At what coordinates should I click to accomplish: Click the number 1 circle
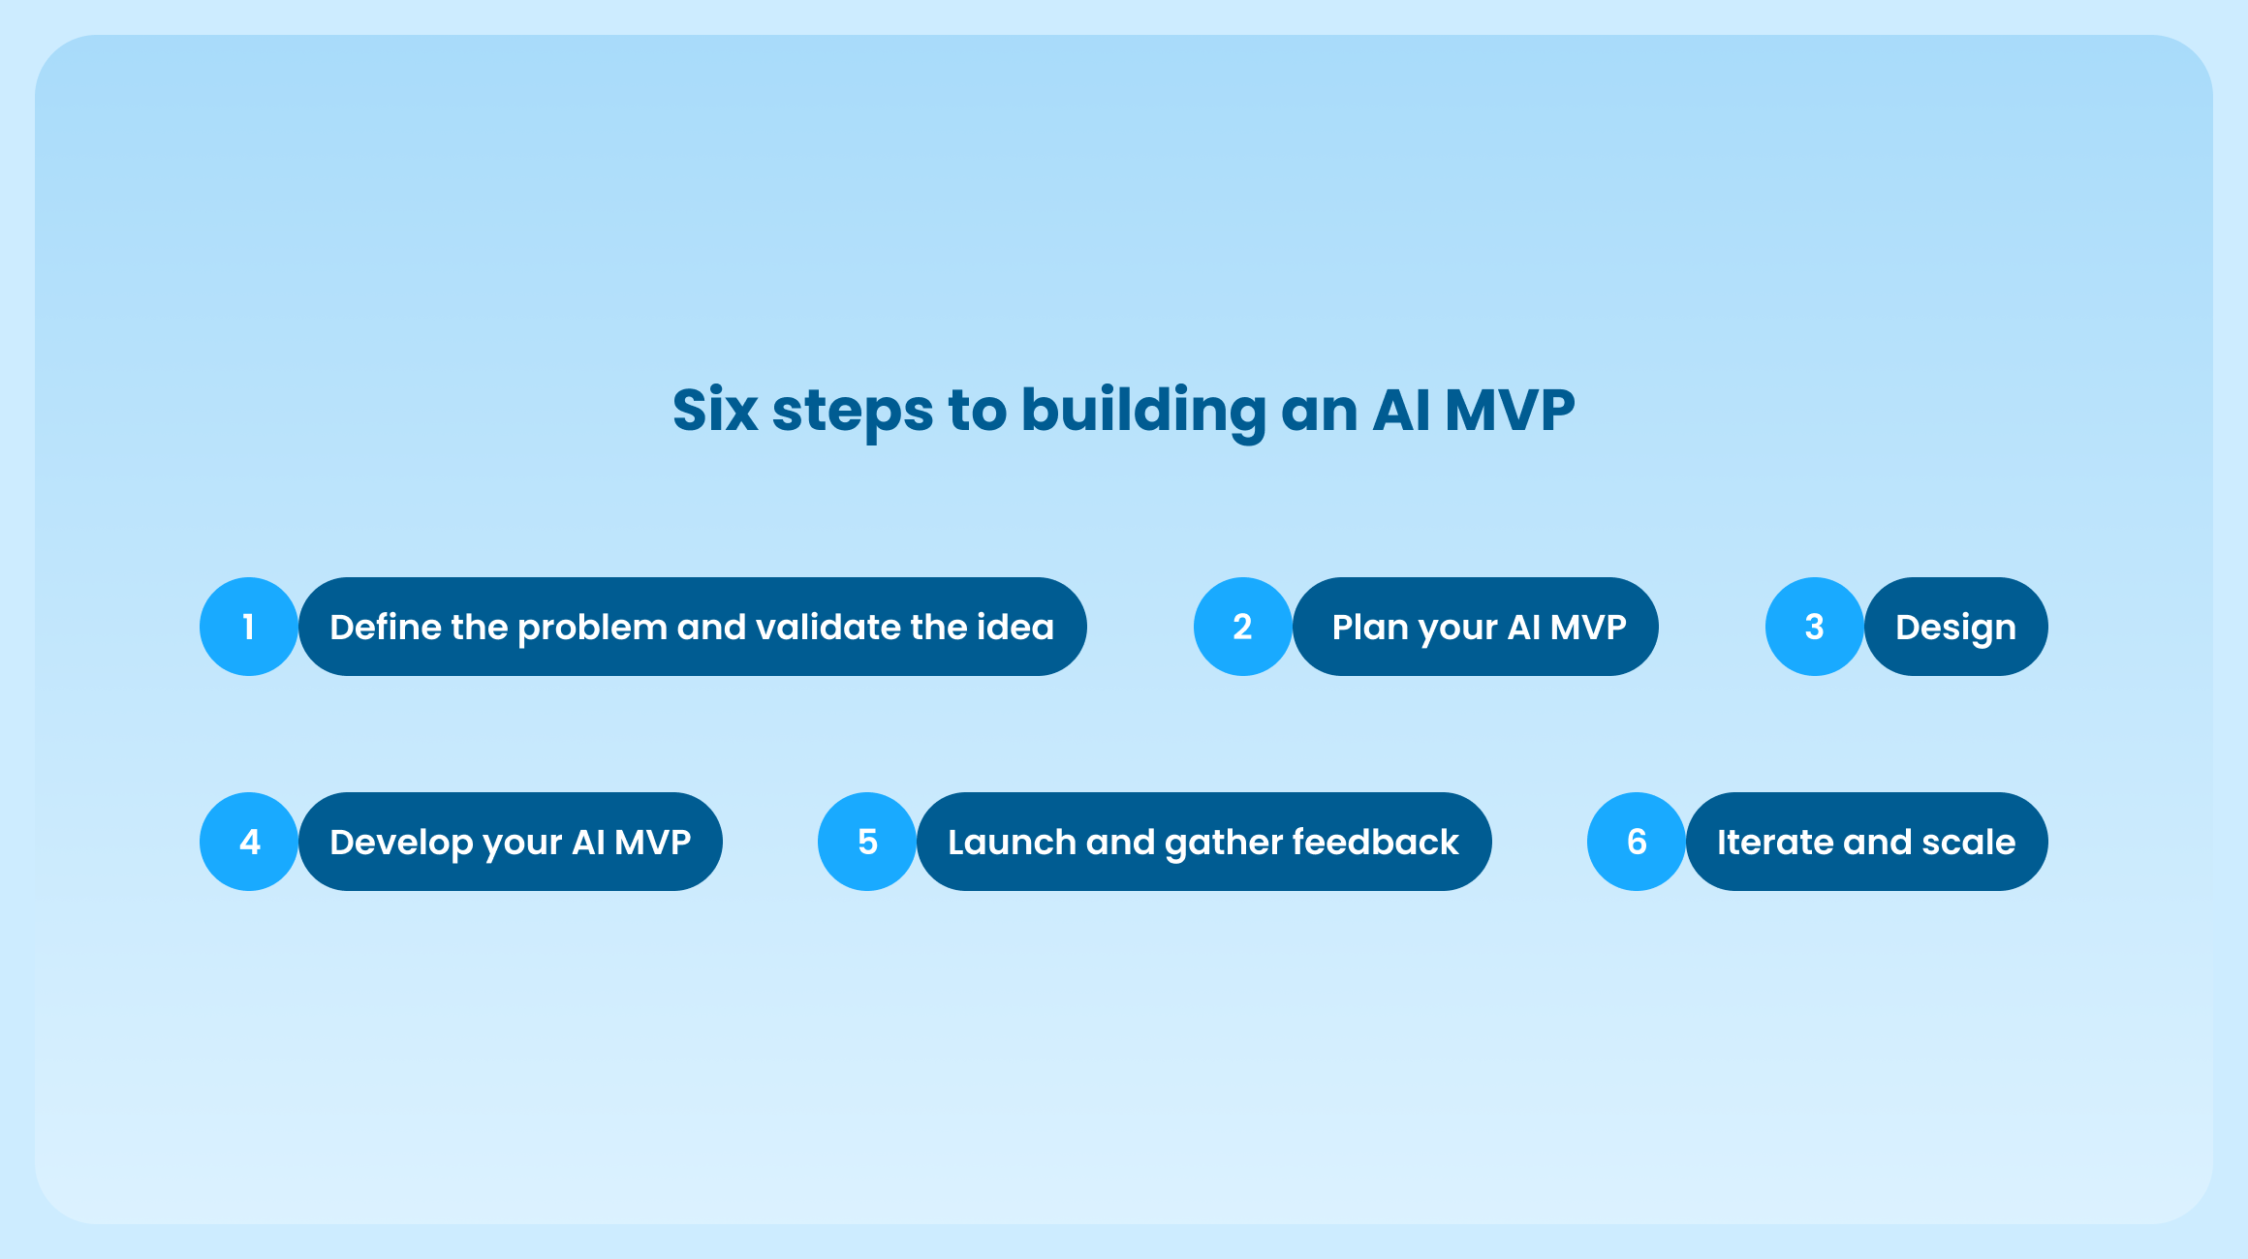click(x=249, y=627)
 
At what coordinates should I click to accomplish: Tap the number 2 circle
click(x=1242, y=627)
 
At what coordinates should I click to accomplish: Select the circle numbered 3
click(x=1814, y=627)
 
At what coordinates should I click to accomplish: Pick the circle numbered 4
click(x=249, y=842)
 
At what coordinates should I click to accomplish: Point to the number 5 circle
click(x=867, y=842)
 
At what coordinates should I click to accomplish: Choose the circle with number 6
click(x=1637, y=842)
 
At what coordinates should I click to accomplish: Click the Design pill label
click(x=1955, y=628)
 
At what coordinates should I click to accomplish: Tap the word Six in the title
click(x=715, y=410)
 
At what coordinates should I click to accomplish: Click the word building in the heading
click(x=1143, y=410)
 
